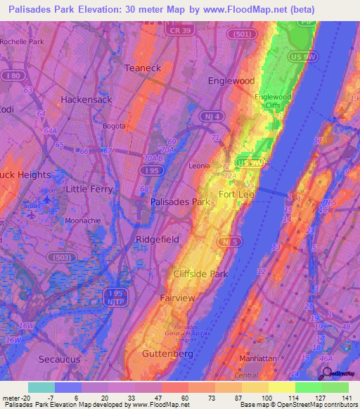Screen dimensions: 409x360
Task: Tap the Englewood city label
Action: [x=231, y=81]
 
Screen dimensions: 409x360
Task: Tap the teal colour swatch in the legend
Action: [x=41, y=387]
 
